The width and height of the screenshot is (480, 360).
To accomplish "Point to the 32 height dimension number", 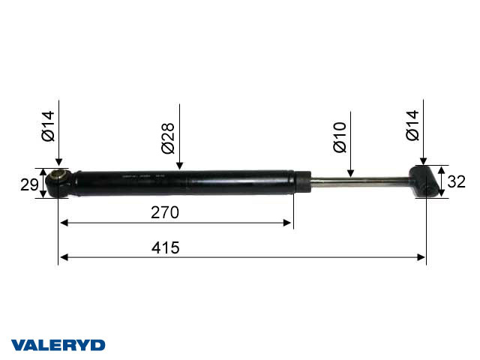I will tap(456, 181).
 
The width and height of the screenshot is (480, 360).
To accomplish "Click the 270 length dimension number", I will tap(165, 212).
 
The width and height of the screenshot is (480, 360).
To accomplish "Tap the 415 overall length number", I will tap(165, 247).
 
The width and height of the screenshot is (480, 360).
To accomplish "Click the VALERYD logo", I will tap(58, 345).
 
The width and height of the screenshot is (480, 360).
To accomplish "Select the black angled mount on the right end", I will tap(425, 182).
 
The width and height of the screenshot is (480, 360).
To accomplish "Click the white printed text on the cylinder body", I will tap(142, 178).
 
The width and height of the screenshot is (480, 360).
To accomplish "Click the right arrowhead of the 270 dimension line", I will tap(288, 223).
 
